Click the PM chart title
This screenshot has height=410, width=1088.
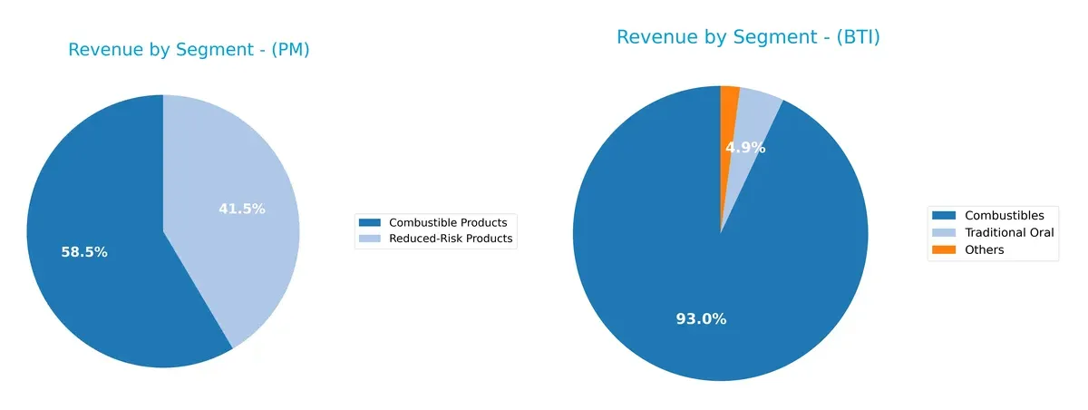click(189, 51)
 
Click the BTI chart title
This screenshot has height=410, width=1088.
click(748, 37)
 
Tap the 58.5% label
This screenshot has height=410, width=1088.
click(84, 252)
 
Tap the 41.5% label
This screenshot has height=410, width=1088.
click(242, 209)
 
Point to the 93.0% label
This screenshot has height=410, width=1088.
click(701, 319)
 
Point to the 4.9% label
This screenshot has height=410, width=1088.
click(745, 147)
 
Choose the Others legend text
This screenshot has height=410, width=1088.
click(985, 249)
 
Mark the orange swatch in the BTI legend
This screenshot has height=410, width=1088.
click(944, 249)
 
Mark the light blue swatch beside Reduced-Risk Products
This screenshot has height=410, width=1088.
click(369, 239)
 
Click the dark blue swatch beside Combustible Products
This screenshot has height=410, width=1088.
click(369, 222)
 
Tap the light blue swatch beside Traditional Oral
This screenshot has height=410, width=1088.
click(944, 232)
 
